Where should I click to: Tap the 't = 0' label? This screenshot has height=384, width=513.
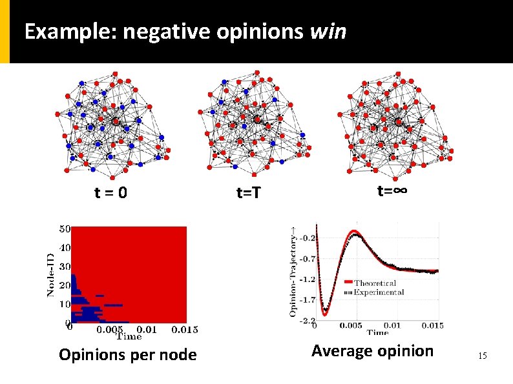pos(110,192)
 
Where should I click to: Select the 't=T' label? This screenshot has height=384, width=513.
pos(247,192)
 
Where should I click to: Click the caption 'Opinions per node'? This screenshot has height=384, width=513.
pos(127,354)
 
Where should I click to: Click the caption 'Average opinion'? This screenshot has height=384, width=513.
pos(372,351)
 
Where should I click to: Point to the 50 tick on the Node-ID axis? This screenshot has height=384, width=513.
pos(65,228)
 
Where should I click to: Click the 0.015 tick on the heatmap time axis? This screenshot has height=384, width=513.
pos(185,330)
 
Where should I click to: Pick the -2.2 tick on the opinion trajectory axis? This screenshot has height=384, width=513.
pos(308,320)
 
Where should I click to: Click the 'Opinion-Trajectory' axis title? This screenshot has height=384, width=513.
pos(293,274)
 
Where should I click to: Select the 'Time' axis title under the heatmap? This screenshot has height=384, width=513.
pos(129,336)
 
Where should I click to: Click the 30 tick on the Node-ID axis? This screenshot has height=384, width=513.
pos(65,267)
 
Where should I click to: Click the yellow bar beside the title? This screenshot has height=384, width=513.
pos(5,32)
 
